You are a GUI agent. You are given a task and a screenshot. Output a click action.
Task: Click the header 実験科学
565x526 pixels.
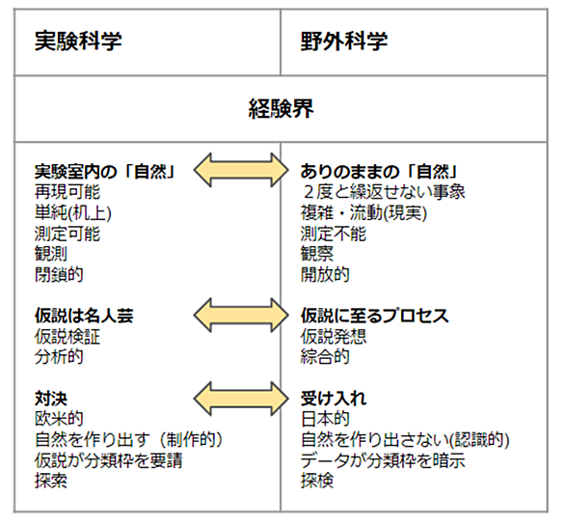pos(78,41)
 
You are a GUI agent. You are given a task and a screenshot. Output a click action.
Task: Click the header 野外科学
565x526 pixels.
pos(344,41)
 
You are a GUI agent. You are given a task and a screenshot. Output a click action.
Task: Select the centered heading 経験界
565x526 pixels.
pos(282,109)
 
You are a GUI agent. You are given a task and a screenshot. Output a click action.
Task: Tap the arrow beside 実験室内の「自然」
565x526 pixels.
pos(241,170)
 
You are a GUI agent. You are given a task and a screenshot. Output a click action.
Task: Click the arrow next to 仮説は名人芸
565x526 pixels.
pos(241,315)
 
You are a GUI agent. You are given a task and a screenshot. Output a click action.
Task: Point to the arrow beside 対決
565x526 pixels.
pos(241,399)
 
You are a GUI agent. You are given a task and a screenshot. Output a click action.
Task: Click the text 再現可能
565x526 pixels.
pos(67,192)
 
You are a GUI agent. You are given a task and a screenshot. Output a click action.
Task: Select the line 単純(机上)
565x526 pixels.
pos(73,212)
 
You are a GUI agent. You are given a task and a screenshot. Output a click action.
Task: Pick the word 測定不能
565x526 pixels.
pos(334,234)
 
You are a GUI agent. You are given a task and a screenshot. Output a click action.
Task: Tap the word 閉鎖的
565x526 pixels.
pos(59,274)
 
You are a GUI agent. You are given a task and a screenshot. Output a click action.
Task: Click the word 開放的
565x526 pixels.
pos(325,274)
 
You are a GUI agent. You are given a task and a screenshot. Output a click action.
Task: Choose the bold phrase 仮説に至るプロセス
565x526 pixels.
pos(375,316)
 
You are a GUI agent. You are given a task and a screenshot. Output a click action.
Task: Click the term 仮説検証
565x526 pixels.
pos(67,337)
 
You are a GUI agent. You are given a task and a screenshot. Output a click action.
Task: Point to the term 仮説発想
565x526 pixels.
pos(334,337)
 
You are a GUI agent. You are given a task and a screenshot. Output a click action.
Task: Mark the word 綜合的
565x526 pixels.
pos(325,357)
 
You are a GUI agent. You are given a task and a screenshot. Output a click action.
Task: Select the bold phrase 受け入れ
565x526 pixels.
pos(334,399)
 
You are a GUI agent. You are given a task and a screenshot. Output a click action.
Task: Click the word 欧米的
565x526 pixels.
pos(59,419)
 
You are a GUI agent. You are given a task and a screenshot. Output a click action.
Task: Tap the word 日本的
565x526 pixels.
pos(325,419)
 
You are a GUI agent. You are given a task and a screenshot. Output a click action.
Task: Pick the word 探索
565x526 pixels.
pos(51,481)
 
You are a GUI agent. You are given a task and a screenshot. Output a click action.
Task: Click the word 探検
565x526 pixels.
pos(317,481)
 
